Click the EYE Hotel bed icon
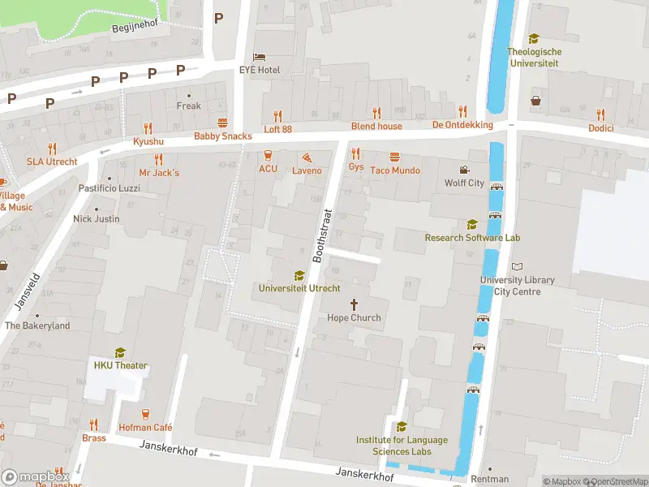259,56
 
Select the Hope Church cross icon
354,304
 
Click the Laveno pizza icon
307,157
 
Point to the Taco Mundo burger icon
395,157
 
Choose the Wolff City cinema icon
464,170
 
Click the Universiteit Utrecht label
299,288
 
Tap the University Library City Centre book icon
518,267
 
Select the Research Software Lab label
472,238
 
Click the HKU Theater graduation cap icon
120,352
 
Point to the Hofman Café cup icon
146,414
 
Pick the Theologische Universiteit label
534,57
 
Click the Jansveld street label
28,290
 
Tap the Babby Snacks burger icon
222,123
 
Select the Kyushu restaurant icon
148,127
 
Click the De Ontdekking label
462,125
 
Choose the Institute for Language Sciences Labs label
401,446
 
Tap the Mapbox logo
35,476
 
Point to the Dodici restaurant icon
601,114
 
